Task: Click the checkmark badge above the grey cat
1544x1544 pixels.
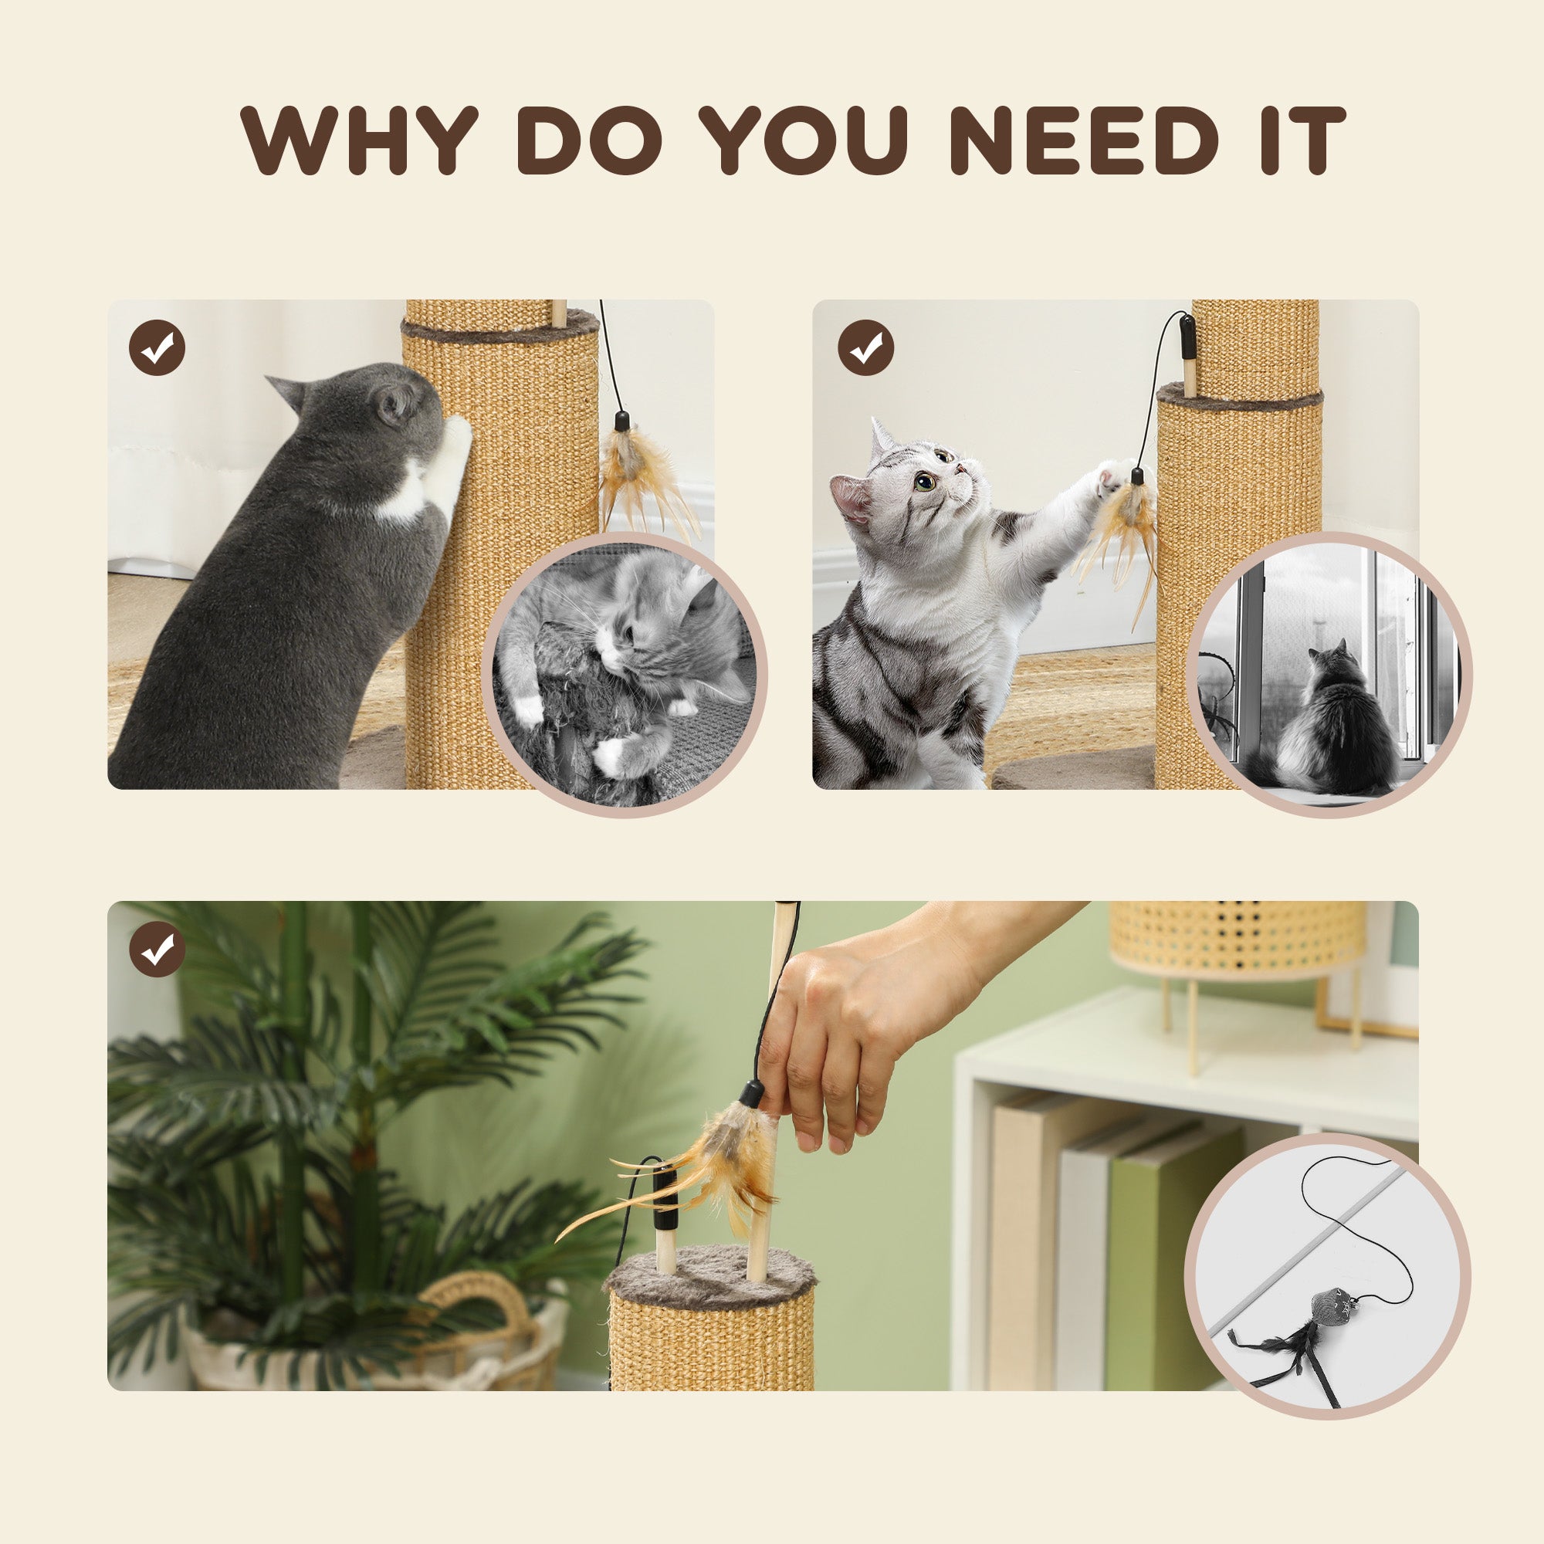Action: click(157, 347)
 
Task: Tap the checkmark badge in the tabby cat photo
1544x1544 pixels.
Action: click(865, 347)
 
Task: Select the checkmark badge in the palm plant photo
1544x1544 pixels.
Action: click(157, 949)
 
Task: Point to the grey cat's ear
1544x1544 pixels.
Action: click(289, 391)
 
